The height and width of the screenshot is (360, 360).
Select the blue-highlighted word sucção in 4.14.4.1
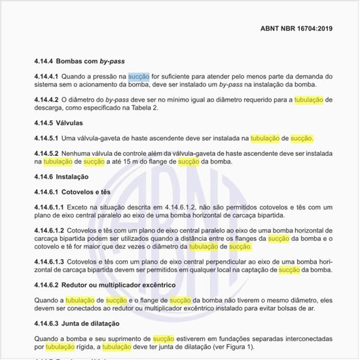tap(139, 77)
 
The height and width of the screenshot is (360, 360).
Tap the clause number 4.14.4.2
tap(47, 99)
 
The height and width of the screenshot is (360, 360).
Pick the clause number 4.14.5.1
tap(47, 139)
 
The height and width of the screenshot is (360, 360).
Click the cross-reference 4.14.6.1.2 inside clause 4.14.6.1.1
tap(185, 207)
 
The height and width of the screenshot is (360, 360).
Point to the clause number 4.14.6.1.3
tap(49, 261)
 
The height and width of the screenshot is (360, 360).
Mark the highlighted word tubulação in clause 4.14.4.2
tap(309, 99)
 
